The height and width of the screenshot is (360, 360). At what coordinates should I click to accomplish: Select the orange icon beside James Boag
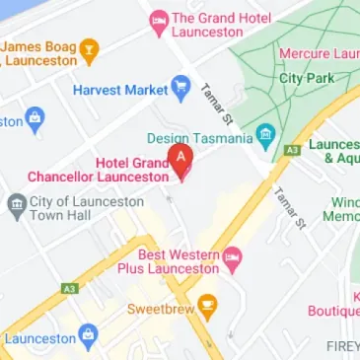tap(89, 46)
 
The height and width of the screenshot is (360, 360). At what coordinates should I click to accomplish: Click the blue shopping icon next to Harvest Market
tap(180, 90)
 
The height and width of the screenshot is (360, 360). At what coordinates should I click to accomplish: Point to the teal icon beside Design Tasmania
tap(264, 135)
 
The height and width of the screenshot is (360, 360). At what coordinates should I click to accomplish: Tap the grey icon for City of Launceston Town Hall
tap(17, 205)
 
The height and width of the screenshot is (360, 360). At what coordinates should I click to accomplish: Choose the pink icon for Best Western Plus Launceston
tap(233, 259)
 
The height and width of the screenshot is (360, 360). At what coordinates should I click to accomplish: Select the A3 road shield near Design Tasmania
tap(292, 150)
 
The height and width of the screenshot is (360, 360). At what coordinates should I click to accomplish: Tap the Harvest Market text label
tap(119, 91)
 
